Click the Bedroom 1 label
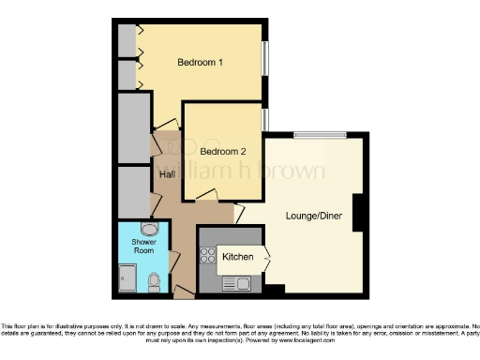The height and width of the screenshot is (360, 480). pos(201,63)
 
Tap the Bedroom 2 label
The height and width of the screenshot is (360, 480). pos(224,151)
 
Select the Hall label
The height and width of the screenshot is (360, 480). pos(167,174)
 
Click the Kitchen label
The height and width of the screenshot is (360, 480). pos(237,256)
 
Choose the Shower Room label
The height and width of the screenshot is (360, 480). pos(143,246)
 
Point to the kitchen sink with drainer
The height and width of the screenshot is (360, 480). pos(235,282)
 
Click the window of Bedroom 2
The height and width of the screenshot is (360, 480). pos(264,120)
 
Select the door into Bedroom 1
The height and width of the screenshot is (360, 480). pos(166,122)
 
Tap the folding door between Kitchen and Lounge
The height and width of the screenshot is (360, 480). pos(269,255)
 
